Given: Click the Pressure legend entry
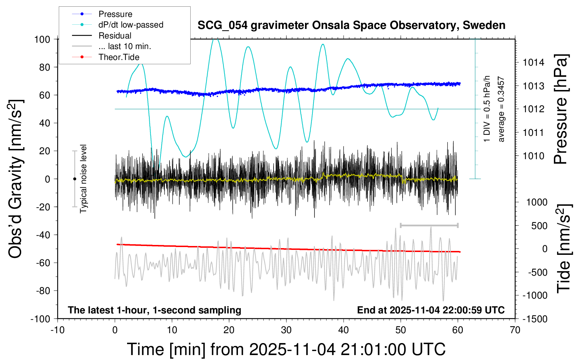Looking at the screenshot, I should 115,14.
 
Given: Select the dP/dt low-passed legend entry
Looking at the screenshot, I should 131,25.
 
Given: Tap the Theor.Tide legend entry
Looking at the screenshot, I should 119,57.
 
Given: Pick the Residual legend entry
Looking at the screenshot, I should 115,36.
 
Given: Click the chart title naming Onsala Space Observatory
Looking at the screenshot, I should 351,25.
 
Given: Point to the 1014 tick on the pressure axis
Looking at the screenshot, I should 533,62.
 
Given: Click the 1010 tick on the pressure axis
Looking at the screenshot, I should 533,156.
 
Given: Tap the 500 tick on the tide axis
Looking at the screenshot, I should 539,226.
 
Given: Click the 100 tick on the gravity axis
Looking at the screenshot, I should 42,39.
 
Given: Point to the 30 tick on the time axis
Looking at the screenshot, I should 286,330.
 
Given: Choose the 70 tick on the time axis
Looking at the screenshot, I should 515,330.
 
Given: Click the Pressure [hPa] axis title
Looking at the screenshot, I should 561,109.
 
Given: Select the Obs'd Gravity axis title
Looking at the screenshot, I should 16,179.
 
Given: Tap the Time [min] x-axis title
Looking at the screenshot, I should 286,349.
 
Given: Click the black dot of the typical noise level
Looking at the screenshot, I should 74,179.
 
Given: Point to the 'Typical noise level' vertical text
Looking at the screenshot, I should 83,179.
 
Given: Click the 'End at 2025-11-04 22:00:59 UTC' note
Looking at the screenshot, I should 431,310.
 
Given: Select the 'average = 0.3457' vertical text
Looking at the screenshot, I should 501,109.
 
